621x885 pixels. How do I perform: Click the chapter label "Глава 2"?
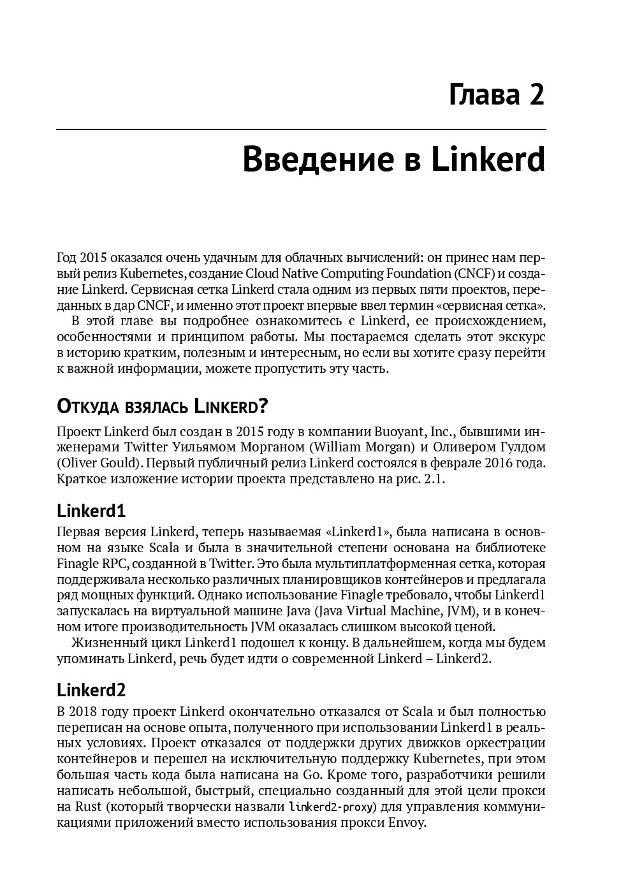pyautogui.click(x=497, y=94)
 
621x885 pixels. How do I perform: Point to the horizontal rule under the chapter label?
pyautogui.click(x=301, y=129)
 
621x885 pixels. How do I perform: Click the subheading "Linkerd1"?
pyautogui.click(x=91, y=511)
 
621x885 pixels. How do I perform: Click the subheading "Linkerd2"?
pyautogui.click(x=91, y=690)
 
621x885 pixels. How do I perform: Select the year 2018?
pyautogui.click(x=89, y=712)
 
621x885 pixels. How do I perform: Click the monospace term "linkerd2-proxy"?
pyautogui.click(x=333, y=807)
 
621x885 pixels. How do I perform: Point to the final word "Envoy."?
pyautogui.click(x=407, y=823)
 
